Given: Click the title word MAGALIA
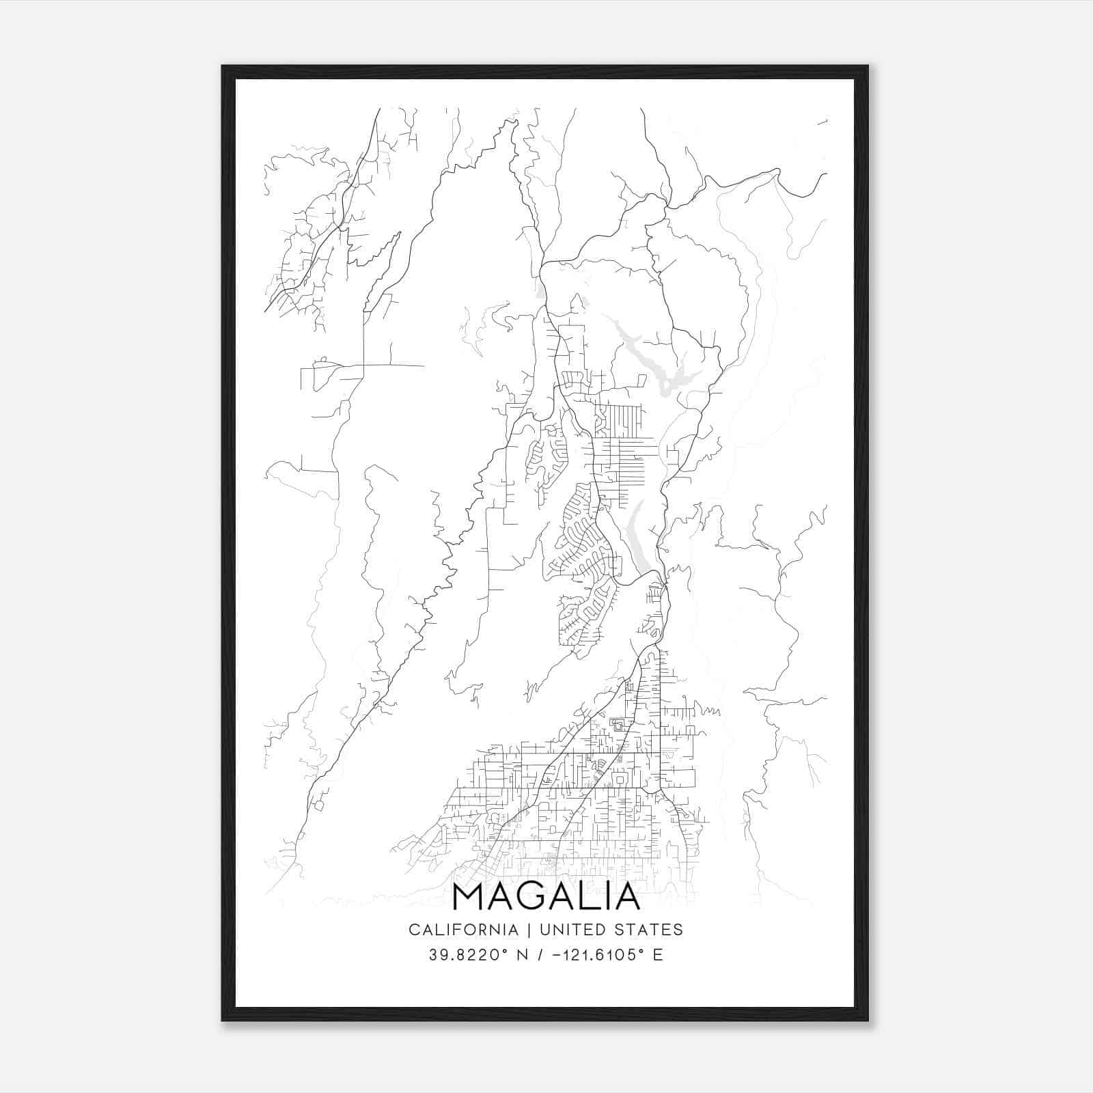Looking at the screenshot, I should [x=546, y=897].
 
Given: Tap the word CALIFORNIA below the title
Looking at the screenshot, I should [x=462, y=930].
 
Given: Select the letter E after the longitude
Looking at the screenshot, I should [x=658, y=954].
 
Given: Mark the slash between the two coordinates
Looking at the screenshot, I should [x=540, y=954].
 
